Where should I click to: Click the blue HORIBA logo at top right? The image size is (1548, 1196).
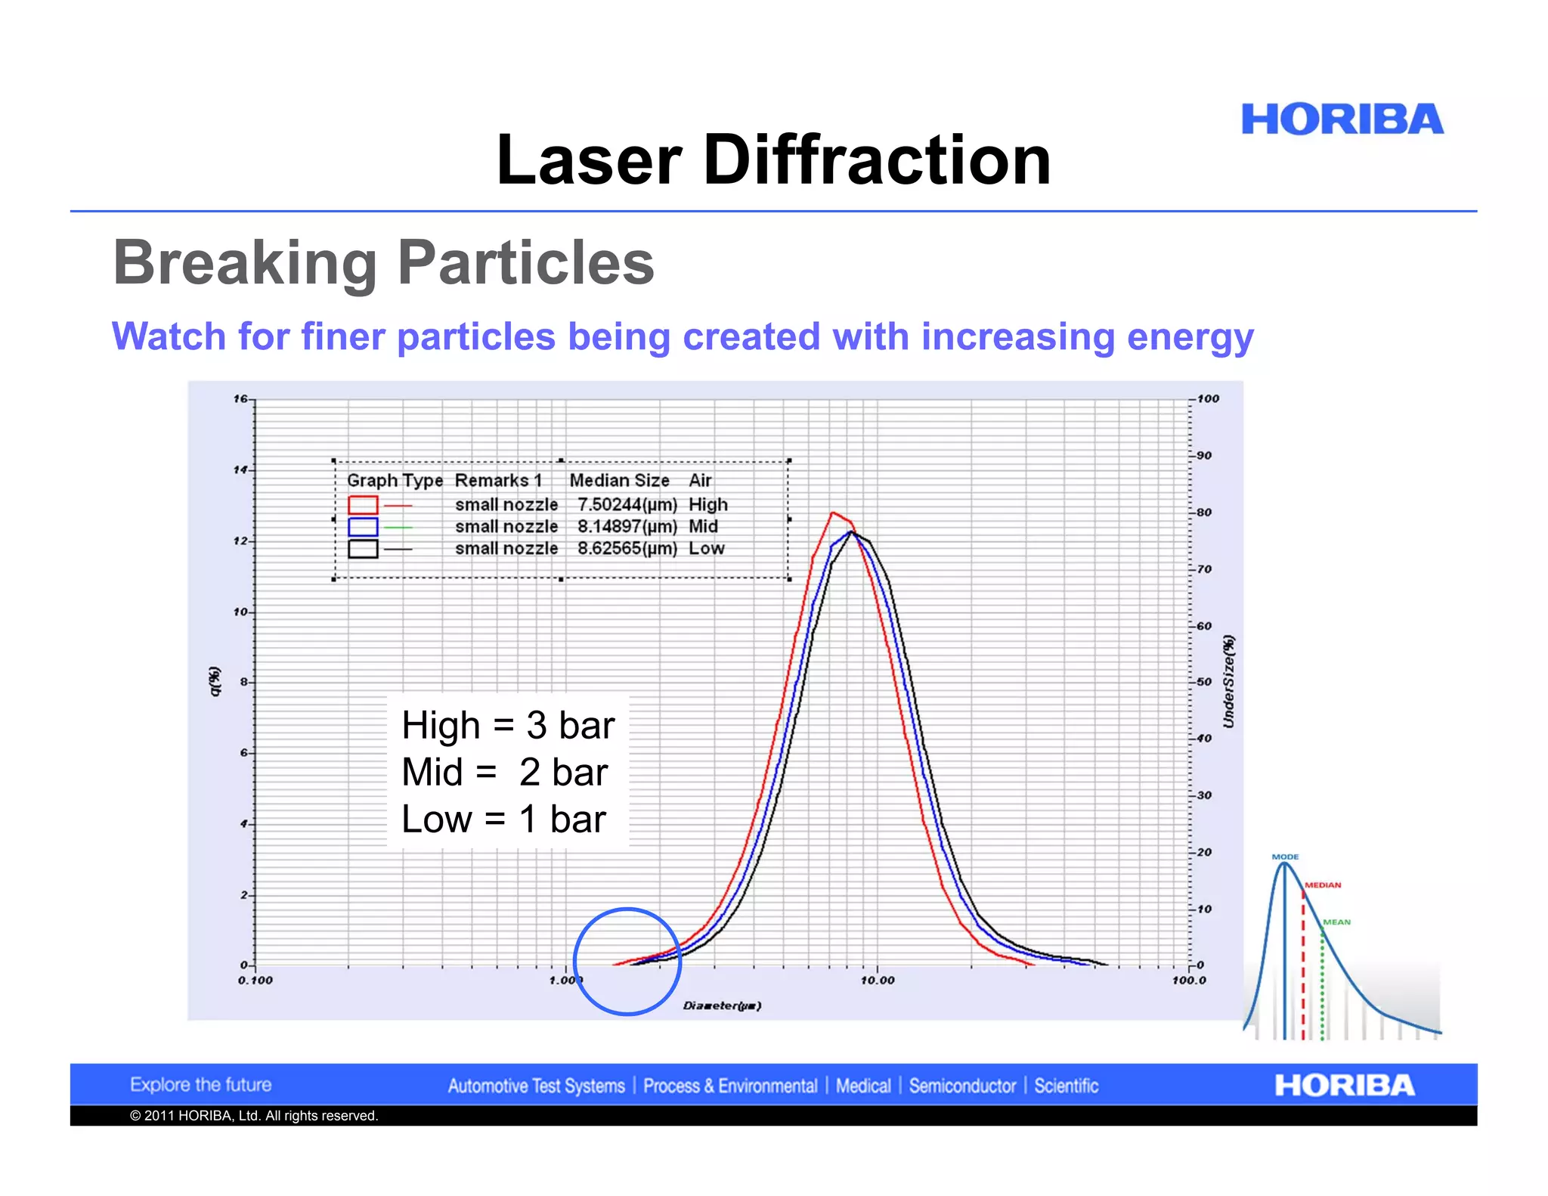[x=1342, y=119]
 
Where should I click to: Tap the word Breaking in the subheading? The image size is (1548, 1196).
[x=245, y=262]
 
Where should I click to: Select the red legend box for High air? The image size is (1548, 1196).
[x=363, y=504]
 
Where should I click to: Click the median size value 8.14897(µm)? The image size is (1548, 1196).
[x=627, y=526]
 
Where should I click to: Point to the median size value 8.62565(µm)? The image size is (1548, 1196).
[x=627, y=548]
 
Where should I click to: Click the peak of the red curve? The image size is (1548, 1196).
[x=833, y=513]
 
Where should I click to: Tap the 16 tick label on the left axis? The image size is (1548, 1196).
[x=240, y=398]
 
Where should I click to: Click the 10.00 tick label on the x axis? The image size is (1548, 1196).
[x=878, y=981]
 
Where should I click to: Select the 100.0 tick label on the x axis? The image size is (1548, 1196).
[x=1189, y=981]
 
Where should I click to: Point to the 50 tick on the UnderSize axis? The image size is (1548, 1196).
[x=1204, y=681]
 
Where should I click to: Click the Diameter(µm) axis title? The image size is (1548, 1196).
[x=722, y=1005]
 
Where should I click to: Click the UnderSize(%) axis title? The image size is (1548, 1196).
[x=1229, y=681]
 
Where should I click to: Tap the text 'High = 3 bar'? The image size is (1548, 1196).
[x=508, y=725]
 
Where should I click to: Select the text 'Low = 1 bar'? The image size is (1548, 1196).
[x=503, y=820]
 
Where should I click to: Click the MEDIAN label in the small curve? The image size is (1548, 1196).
[x=1323, y=885]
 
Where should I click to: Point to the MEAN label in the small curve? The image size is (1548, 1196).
[x=1336, y=922]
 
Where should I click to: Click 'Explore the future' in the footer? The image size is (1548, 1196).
[x=200, y=1085]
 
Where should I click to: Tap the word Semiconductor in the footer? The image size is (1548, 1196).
[x=962, y=1086]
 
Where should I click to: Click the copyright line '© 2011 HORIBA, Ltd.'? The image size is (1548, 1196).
[x=253, y=1116]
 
